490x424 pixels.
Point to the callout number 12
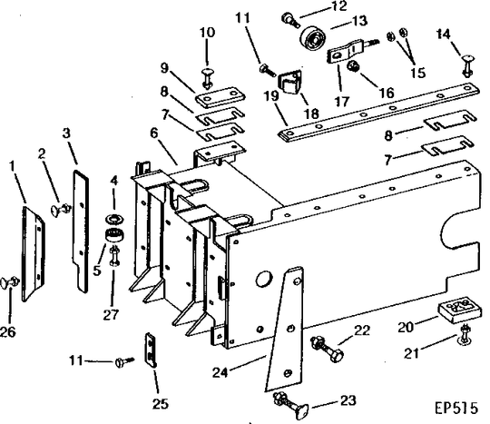point(313,6)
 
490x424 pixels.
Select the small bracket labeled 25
point(151,349)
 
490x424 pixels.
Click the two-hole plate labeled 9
point(219,99)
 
